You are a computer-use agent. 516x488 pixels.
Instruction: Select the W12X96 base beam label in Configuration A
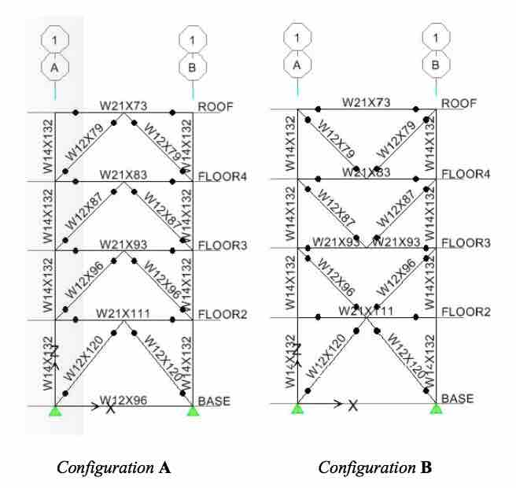pos(124,399)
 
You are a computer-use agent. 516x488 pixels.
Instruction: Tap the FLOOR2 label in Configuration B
pos(466,312)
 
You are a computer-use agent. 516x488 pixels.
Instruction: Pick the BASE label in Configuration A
pos(215,401)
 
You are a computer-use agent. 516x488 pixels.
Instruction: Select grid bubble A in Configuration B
pos(297,65)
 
